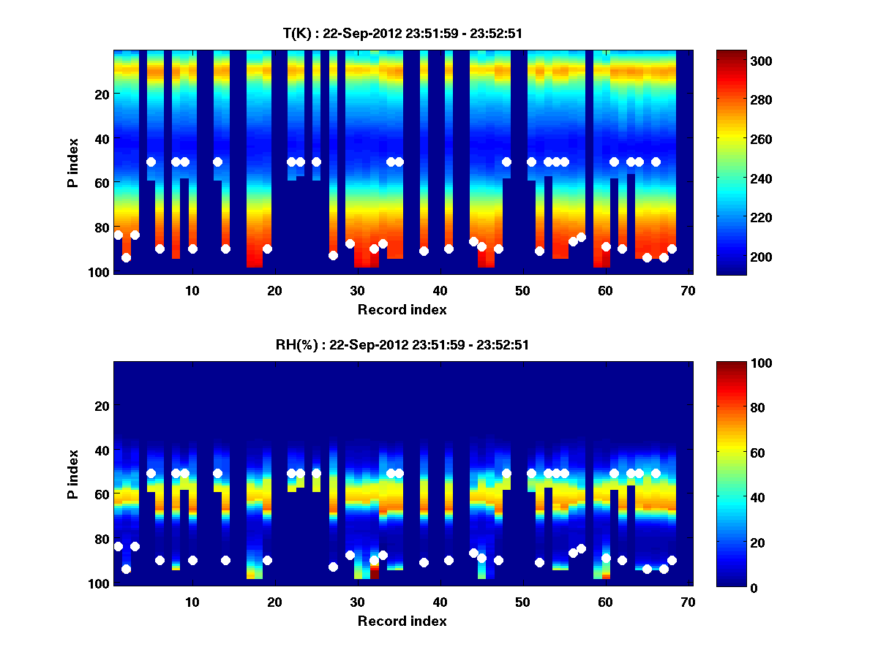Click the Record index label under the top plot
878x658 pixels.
pyautogui.click(x=402, y=309)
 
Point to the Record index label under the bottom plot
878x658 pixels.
pyautogui.click(x=402, y=621)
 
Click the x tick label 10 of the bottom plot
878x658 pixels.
pyautogui.click(x=192, y=602)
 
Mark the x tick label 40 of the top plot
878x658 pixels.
pyautogui.click(x=439, y=290)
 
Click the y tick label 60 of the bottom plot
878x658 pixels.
pyautogui.click(x=102, y=495)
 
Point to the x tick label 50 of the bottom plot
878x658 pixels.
pyautogui.click(x=522, y=602)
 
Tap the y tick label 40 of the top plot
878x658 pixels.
pyautogui.click(x=102, y=139)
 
